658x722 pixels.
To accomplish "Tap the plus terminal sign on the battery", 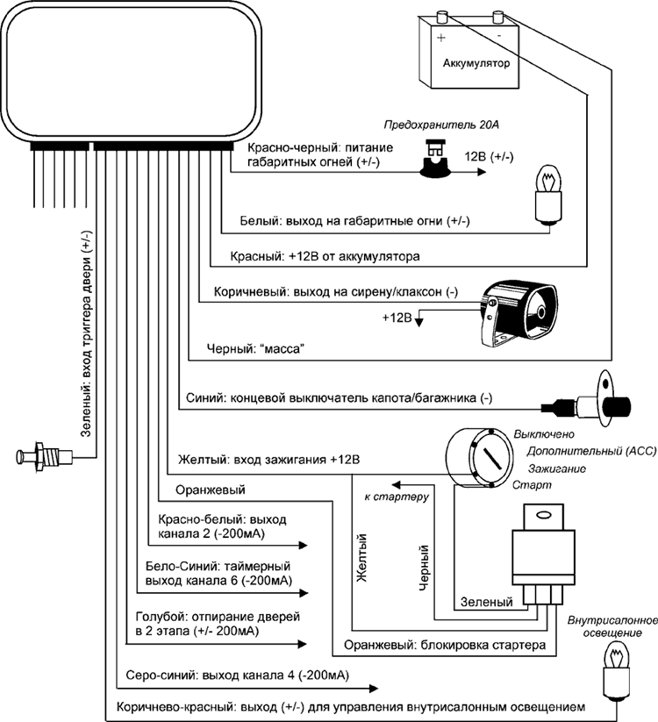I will click(441, 39).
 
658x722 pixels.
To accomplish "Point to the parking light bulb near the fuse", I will click(549, 196).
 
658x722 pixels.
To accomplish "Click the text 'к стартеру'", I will click(396, 498).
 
